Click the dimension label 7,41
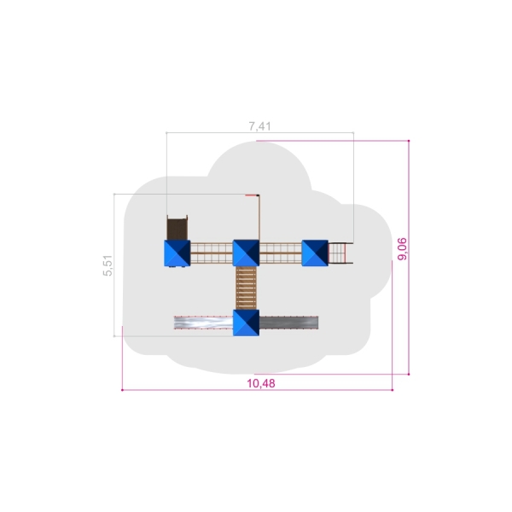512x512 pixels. point(260,126)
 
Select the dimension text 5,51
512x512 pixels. point(108,265)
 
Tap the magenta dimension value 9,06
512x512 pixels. point(402,249)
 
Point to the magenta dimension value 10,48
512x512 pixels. point(261,383)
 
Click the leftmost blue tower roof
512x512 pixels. point(177,253)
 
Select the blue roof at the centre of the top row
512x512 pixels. point(246,253)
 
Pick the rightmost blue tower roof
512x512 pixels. point(315,253)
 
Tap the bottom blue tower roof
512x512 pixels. point(246,323)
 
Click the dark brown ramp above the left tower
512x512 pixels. point(177,228)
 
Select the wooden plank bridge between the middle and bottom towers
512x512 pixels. point(246,288)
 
